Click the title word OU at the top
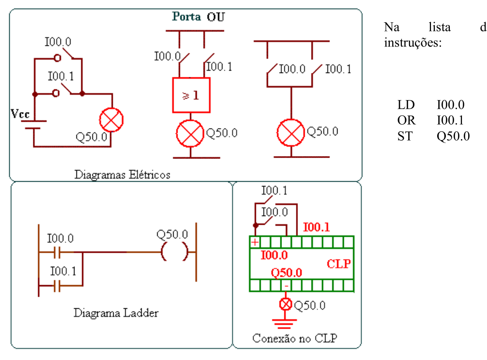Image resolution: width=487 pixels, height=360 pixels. pos(216,17)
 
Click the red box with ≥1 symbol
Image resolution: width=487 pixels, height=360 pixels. pos(192,95)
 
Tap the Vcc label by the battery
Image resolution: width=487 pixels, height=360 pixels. pos(20,114)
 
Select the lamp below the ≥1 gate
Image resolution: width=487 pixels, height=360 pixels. pos(190,133)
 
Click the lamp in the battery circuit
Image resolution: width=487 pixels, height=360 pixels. pos(111,120)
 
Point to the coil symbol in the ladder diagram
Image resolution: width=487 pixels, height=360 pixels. pos(175,252)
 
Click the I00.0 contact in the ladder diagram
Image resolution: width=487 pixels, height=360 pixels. pos(57,252)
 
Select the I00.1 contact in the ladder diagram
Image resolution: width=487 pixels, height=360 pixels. pos(57,286)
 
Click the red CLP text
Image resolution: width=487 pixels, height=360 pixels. pos(339,264)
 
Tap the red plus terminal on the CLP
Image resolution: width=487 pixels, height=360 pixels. pos(255,242)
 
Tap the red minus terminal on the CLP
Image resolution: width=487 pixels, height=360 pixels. pos(286,286)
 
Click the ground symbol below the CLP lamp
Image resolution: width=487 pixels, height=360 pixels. pos(284,324)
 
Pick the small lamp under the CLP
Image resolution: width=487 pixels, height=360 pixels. pos(285,304)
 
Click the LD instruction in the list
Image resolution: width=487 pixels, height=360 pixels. pos(406,105)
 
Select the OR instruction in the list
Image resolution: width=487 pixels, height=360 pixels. pos(406,120)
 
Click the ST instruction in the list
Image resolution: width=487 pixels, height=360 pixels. pos(405,136)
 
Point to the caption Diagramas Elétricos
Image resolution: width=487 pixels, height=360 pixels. pos(122,175)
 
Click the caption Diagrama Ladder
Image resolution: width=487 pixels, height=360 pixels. pos(116,313)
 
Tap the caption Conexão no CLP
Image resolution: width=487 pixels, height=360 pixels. pos(295,338)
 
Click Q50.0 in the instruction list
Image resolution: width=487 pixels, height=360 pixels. pos(453,136)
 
